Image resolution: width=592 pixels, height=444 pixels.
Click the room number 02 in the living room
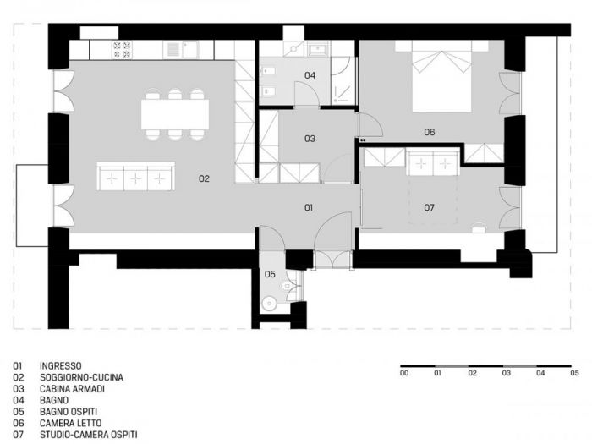[x=204, y=178]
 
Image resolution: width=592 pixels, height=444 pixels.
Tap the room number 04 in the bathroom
[x=310, y=76]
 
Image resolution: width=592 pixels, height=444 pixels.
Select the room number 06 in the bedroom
[x=429, y=132]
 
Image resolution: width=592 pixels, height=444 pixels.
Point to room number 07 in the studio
[x=429, y=207]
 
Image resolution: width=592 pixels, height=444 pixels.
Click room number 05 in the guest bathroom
[x=270, y=274]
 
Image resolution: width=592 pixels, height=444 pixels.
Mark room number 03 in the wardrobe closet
[x=310, y=138]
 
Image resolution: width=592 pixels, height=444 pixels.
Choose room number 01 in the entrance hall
[x=310, y=207]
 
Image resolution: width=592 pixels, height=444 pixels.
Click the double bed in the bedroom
[x=442, y=83]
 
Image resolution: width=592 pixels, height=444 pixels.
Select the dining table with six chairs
[x=175, y=114]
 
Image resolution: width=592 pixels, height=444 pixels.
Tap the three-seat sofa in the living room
[x=136, y=178]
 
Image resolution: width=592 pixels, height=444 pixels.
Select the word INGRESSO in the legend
[x=60, y=366]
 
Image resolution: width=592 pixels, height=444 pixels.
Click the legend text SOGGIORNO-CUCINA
[x=81, y=377]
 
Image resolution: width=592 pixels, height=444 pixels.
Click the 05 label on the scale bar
[x=574, y=373]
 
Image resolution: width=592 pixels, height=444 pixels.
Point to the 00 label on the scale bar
[x=404, y=373]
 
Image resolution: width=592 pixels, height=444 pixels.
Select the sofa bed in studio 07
[x=432, y=162]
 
